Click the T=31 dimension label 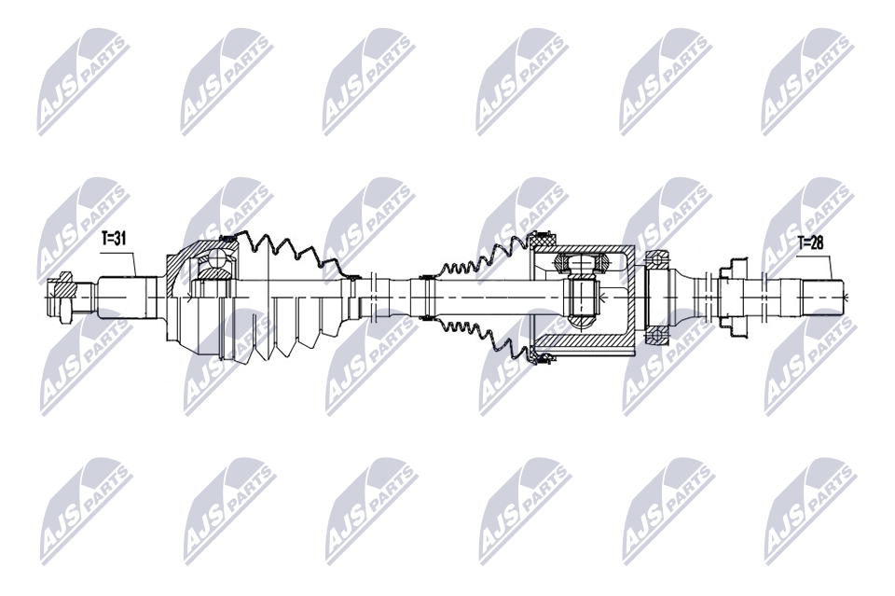coord(114,240)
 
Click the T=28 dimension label coord(811,243)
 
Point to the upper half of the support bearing coord(659,257)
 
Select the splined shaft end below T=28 coord(809,296)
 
